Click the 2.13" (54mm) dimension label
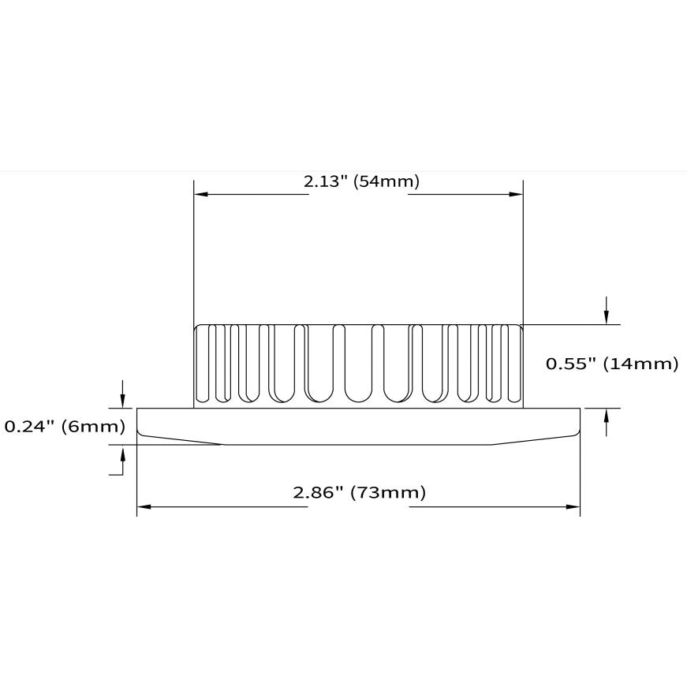(x=361, y=181)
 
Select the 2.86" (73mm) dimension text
(x=359, y=492)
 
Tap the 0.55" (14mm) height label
(x=612, y=364)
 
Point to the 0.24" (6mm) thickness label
(x=65, y=426)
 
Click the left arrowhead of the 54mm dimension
(x=200, y=194)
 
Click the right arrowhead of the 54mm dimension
(x=516, y=194)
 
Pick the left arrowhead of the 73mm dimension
(x=144, y=507)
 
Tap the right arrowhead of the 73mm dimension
(x=573, y=507)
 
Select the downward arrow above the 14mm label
(x=607, y=311)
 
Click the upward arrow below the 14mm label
(x=607, y=422)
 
